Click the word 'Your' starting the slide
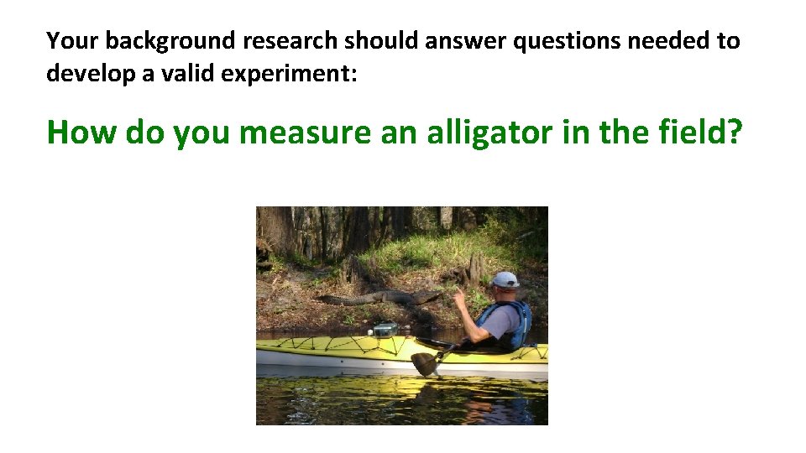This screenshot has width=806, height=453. (72, 40)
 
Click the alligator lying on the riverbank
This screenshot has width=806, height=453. (378, 298)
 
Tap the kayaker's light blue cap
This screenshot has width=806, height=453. (506, 279)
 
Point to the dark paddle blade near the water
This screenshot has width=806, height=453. (425, 363)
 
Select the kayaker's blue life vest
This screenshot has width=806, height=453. (516, 322)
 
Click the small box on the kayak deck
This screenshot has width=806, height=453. (385, 330)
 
